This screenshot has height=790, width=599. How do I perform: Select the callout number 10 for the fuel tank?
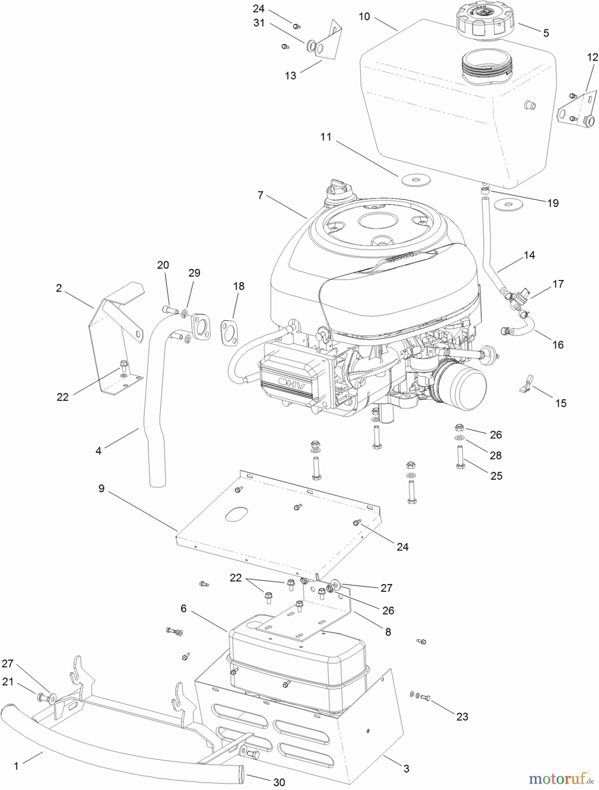click(364, 17)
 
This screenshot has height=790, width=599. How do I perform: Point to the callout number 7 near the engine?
click(260, 195)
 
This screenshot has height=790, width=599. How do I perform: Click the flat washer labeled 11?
click(414, 179)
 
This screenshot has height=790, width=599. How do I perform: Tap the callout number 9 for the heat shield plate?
click(101, 488)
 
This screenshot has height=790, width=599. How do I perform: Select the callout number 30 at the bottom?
click(279, 782)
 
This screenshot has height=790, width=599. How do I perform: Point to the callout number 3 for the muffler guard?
click(406, 768)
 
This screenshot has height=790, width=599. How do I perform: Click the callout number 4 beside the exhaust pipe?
click(98, 451)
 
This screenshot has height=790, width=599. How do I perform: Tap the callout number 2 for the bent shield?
click(59, 288)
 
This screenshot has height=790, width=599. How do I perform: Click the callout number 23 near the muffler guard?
click(462, 716)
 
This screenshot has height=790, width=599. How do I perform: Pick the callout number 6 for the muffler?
click(183, 608)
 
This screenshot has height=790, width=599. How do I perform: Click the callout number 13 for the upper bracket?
click(291, 75)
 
